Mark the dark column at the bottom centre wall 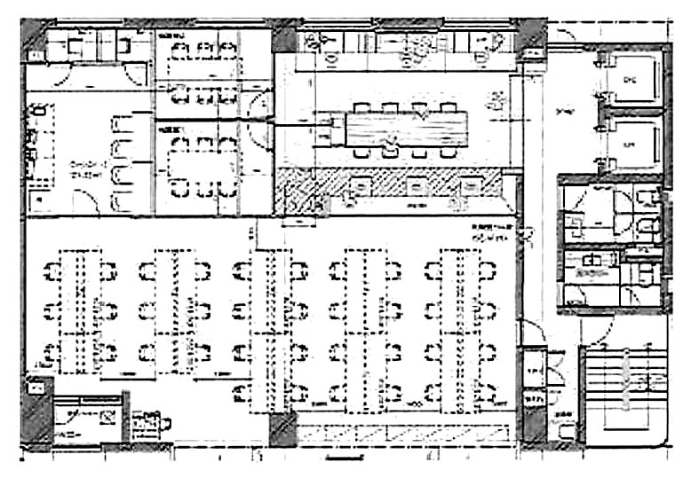[282, 429]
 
